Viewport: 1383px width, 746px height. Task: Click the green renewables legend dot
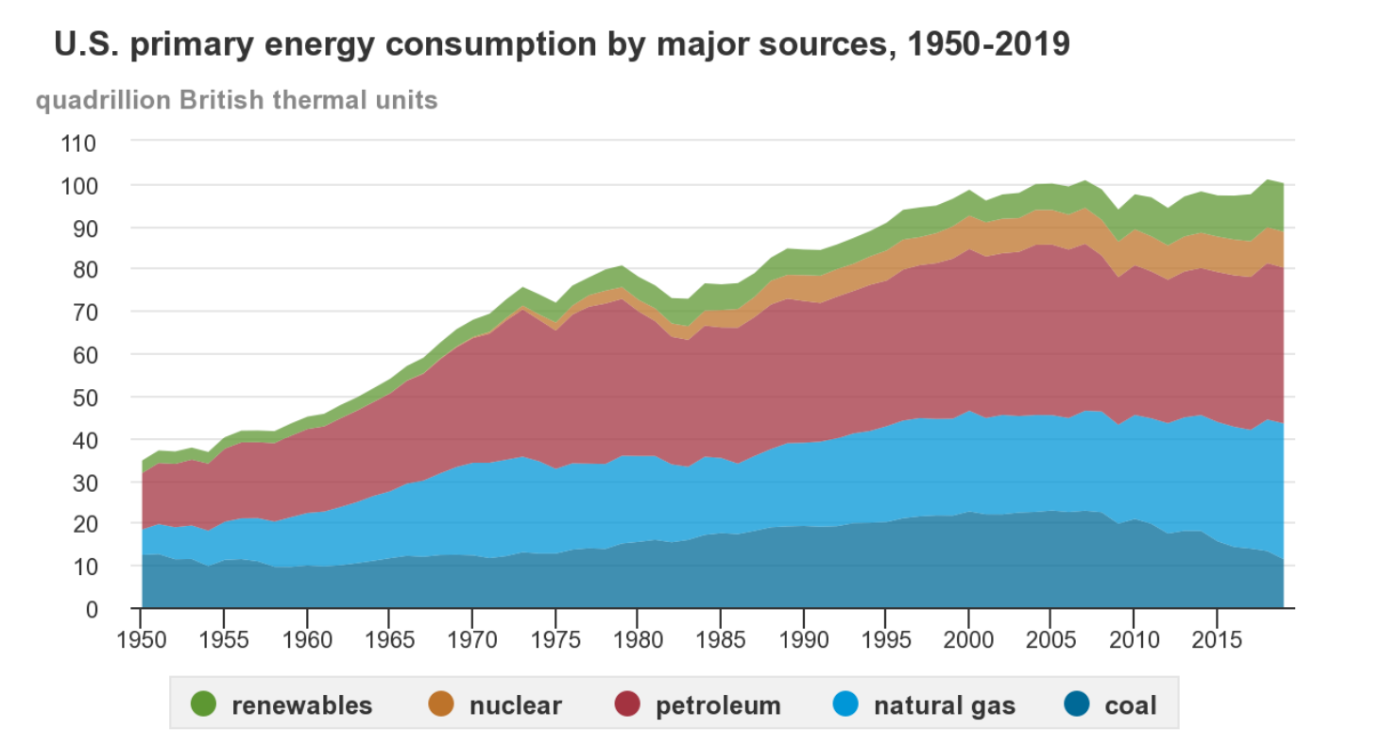coord(203,704)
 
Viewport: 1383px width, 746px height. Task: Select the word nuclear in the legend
coord(515,704)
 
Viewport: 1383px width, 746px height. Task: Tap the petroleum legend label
coord(718,704)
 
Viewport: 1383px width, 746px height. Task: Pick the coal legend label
coord(1130,704)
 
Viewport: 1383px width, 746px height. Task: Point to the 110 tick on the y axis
coord(78,144)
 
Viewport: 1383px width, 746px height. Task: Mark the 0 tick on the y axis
coord(91,609)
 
